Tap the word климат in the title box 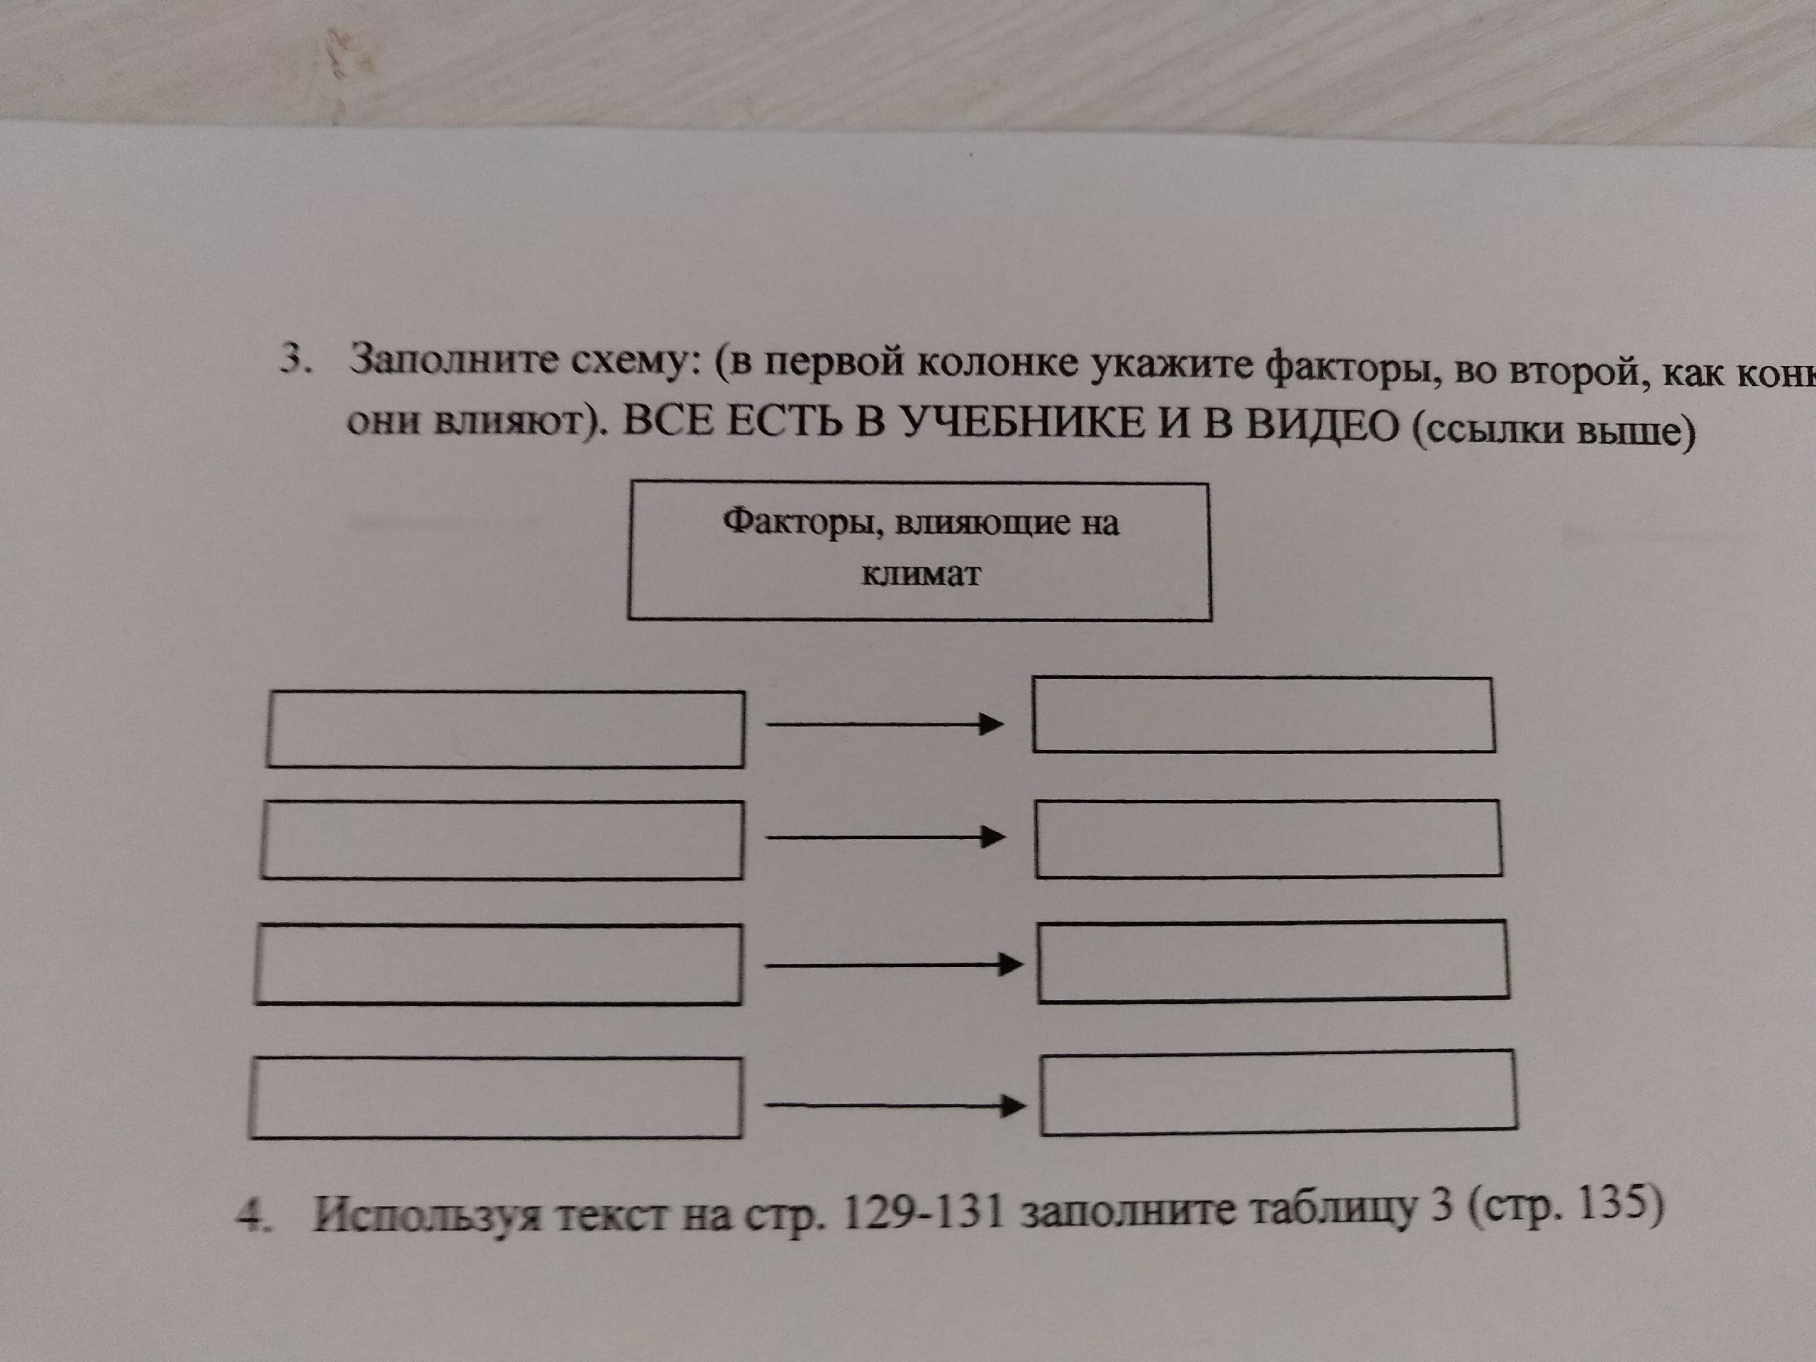[920, 574]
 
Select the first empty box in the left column [505, 730]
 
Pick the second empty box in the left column [502, 840]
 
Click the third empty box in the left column [498, 964]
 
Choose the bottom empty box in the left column [495, 1097]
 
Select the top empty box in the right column [1263, 714]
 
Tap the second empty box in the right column [1268, 839]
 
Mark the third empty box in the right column [1273, 961]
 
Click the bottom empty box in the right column [1278, 1092]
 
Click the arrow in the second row [885, 837]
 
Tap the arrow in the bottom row [894, 1106]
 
